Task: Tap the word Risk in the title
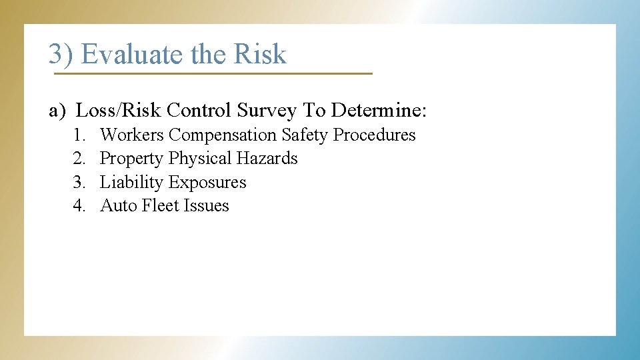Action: point(260,55)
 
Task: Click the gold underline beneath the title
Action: point(213,73)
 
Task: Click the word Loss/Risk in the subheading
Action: point(119,110)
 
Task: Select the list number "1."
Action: point(80,135)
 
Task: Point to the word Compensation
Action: point(223,135)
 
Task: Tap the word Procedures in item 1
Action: point(374,135)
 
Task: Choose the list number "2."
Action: point(80,159)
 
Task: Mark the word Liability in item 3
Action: point(131,183)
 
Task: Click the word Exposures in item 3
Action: point(207,183)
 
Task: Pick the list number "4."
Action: point(80,206)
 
